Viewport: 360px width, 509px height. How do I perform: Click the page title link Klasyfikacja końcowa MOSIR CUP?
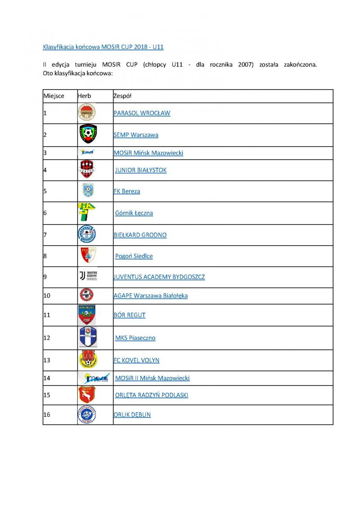[x=103, y=47]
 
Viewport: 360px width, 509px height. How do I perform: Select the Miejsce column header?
[x=54, y=96]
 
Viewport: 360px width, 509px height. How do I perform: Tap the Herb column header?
[x=84, y=96]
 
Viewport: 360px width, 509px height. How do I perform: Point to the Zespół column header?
[x=122, y=96]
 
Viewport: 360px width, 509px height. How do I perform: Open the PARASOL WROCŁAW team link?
[x=142, y=113]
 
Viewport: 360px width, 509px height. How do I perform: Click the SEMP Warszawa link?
[x=136, y=135]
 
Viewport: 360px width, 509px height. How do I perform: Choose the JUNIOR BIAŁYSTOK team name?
[x=140, y=170]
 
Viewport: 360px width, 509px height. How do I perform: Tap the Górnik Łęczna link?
[x=134, y=213]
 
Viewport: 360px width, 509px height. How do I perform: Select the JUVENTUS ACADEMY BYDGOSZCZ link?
[x=159, y=277]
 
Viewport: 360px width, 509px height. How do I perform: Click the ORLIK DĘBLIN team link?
[x=132, y=414]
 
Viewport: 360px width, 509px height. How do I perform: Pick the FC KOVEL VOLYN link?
[x=136, y=360]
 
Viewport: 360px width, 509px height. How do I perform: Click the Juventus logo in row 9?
[x=87, y=276]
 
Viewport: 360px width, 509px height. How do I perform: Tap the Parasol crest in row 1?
[x=86, y=113]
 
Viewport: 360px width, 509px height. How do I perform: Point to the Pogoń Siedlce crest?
[x=88, y=256]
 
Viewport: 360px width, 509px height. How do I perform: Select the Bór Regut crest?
[x=86, y=315]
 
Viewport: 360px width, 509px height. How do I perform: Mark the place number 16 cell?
[x=47, y=414]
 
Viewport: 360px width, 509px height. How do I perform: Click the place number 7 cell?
[x=45, y=235]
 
